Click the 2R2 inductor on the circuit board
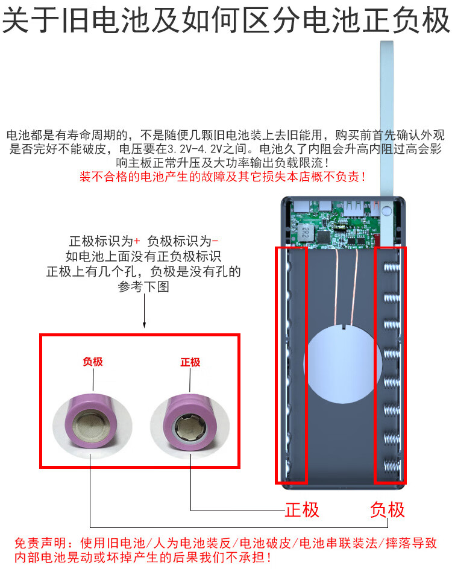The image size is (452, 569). [306, 231]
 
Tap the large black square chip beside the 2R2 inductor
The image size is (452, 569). [324, 237]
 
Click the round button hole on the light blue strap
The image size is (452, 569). [386, 210]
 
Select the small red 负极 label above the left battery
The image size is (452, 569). [93, 362]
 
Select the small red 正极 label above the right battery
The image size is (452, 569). [190, 362]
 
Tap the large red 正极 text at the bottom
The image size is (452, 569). [302, 510]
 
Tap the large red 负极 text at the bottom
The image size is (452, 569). [387, 510]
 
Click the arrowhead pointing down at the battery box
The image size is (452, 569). [145, 324]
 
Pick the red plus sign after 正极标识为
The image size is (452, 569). [137, 240]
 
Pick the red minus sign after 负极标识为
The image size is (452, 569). [215, 240]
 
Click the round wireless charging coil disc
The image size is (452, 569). [342, 364]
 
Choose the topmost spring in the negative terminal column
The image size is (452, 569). [392, 268]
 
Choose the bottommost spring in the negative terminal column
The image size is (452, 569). [392, 467]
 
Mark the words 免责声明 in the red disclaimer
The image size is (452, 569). [40, 543]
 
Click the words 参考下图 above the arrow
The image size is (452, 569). [143, 286]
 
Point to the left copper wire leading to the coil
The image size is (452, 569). [337, 287]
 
